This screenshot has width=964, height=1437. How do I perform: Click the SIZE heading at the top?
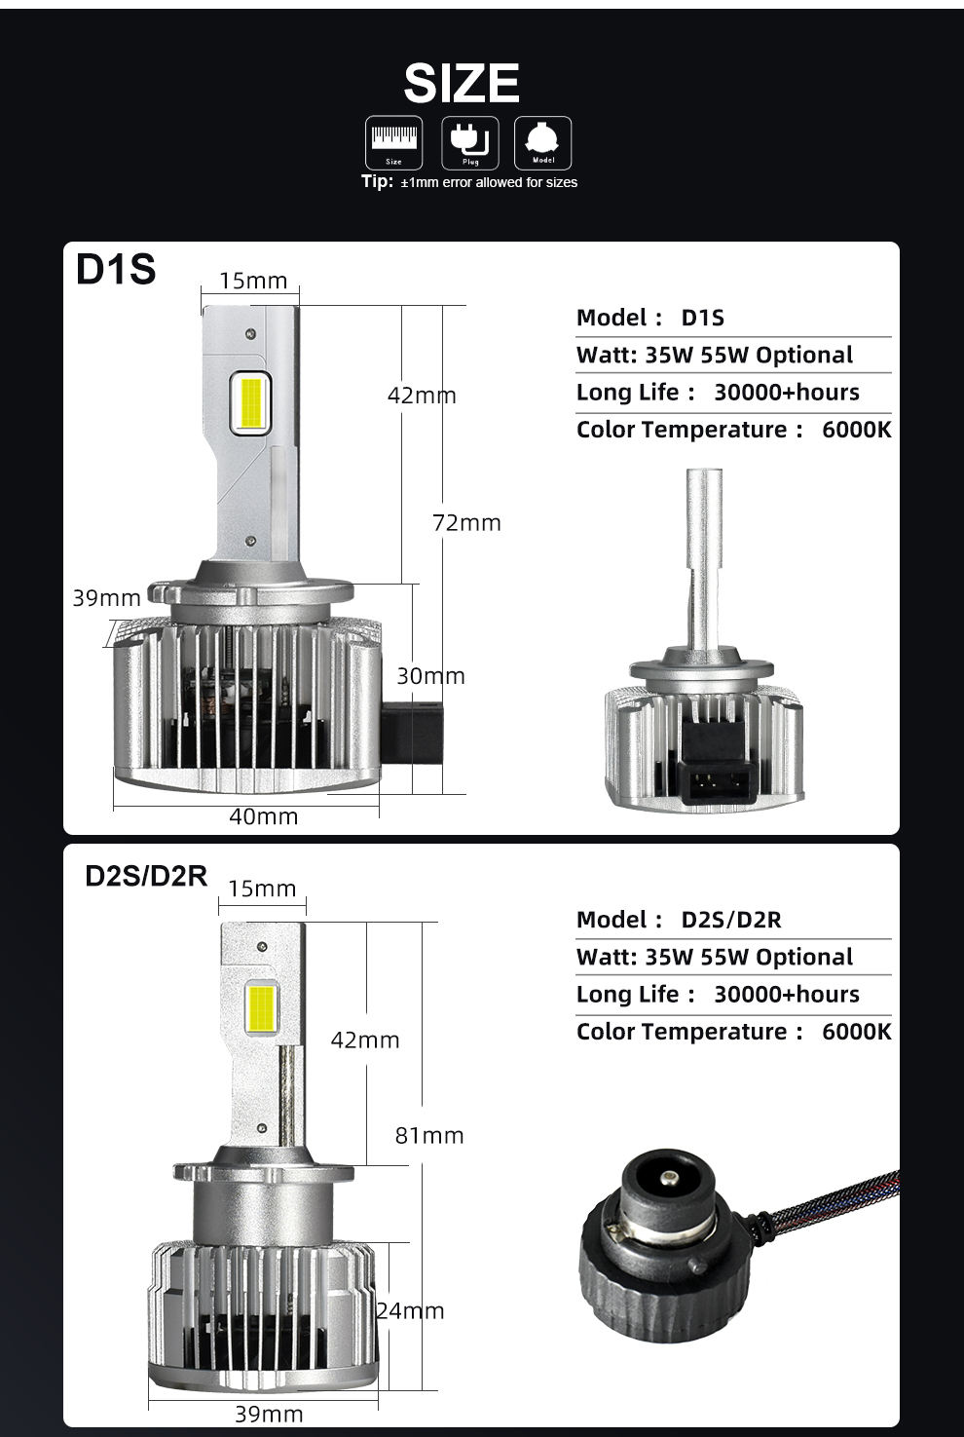point(462,83)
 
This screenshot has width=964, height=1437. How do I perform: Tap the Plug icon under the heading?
point(470,142)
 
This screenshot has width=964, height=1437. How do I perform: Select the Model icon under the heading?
point(542,142)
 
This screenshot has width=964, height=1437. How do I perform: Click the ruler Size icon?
point(393,142)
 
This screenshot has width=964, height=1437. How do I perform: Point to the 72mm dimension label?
point(466,523)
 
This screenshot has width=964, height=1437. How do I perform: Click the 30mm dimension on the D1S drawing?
point(430,675)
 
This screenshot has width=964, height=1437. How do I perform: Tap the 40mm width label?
point(263,816)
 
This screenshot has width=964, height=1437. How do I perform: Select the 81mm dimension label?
point(429,1135)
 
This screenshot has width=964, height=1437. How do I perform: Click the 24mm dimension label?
point(411,1310)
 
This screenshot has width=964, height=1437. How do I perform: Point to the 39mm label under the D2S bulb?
point(269,1414)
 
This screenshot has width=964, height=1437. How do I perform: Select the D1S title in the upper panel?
point(116,270)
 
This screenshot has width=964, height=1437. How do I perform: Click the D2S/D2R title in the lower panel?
point(147,876)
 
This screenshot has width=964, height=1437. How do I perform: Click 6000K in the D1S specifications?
point(856,430)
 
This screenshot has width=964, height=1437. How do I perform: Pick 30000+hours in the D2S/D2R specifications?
point(787,995)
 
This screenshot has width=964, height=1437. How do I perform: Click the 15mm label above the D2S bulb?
point(262,889)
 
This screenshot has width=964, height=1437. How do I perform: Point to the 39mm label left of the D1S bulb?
point(107,597)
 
